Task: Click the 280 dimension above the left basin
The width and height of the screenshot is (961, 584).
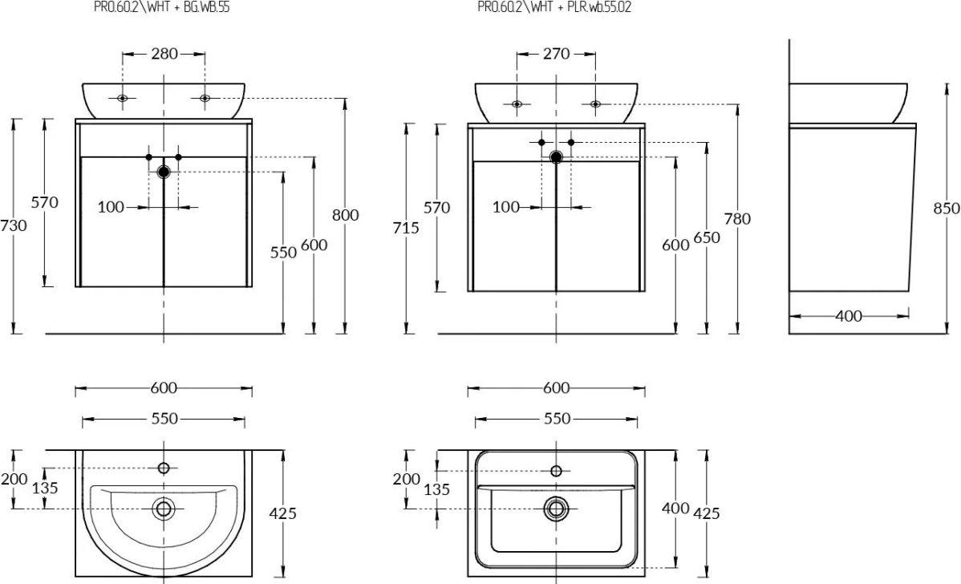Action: coord(164,54)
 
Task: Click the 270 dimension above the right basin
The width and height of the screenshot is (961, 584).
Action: coord(556,54)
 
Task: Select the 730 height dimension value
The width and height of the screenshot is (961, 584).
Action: coord(14,225)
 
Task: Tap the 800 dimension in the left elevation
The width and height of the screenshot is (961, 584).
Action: coord(346,214)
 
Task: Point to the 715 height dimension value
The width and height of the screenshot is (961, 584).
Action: coord(407,228)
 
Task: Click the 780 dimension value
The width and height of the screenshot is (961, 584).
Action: coord(737,218)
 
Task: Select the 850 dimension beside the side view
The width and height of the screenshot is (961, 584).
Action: coord(947,208)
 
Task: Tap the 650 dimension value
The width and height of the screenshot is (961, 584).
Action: coord(707,237)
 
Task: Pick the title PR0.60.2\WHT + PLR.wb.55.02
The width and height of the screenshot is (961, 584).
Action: coord(549,7)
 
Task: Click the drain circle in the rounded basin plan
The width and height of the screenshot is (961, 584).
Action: coord(164,508)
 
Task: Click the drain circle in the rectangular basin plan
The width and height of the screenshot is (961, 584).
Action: coord(556,508)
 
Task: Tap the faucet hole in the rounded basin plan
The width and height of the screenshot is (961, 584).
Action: coord(164,468)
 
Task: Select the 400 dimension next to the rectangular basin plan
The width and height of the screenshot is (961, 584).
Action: coord(676,507)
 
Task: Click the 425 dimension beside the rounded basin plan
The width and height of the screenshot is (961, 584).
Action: coord(283,513)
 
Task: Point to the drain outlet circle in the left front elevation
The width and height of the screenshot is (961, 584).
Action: coord(164,171)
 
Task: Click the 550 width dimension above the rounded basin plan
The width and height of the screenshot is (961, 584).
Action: coord(164,419)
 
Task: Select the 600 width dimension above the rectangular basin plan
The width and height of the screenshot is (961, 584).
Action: coord(556,388)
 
